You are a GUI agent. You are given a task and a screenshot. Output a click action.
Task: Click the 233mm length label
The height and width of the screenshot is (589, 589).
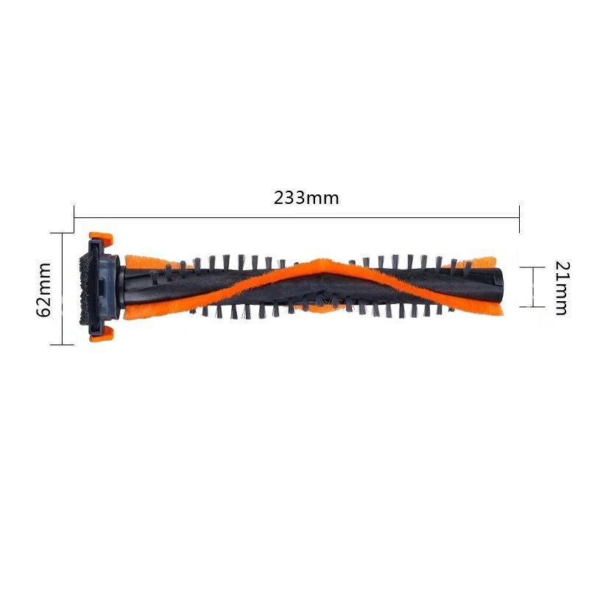(306, 198)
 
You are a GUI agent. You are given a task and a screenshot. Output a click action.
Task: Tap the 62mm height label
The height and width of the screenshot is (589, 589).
(44, 289)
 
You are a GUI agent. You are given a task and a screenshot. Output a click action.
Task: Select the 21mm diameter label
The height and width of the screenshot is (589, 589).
(560, 288)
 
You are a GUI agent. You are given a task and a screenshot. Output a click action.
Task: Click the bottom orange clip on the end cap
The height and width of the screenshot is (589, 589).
(100, 336)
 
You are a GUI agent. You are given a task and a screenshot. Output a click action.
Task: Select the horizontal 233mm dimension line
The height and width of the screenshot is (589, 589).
(221, 216)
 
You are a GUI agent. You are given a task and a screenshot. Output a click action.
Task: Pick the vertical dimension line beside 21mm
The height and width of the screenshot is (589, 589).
(532, 287)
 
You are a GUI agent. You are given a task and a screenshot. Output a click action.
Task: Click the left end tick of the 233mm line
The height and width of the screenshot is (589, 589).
(74, 216)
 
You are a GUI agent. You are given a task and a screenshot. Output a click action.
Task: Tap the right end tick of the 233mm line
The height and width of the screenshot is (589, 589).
(520, 216)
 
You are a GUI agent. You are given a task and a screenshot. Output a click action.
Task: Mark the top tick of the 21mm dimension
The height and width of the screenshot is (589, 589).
(532, 267)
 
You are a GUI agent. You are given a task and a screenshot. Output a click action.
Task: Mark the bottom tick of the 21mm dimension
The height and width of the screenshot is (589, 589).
(532, 306)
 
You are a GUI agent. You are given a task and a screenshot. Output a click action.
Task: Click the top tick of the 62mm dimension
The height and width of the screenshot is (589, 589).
(63, 233)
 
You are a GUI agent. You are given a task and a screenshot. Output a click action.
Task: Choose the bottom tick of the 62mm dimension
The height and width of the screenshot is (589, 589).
(63, 344)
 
